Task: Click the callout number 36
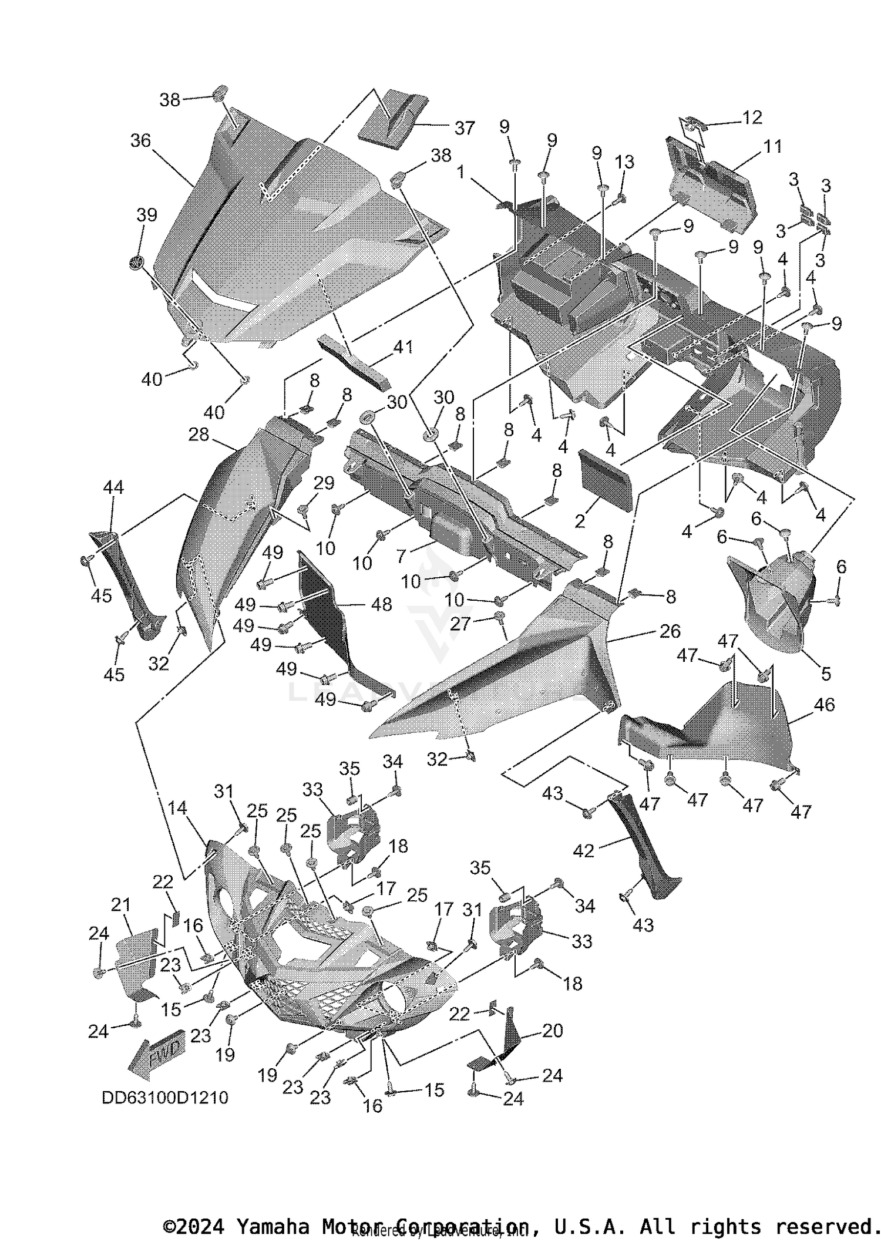click(x=140, y=141)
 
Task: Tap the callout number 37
click(x=464, y=128)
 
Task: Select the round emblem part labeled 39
click(x=137, y=262)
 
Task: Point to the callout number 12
click(x=752, y=117)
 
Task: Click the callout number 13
click(x=624, y=162)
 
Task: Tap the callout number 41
click(x=403, y=347)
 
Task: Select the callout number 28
click(x=199, y=435)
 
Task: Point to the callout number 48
click(x=382, y=604)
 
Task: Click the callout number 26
click(x=670, y=631)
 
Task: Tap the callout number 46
click(x=824, y=704)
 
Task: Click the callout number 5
click(x=826, y=674)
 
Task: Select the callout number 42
click(x=583, y=850)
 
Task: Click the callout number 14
click(x=177, y=808)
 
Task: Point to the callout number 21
click(x=121, y=905)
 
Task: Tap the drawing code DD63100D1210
click(x=165, y=1097)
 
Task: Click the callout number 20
click(x=552, y=1030)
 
